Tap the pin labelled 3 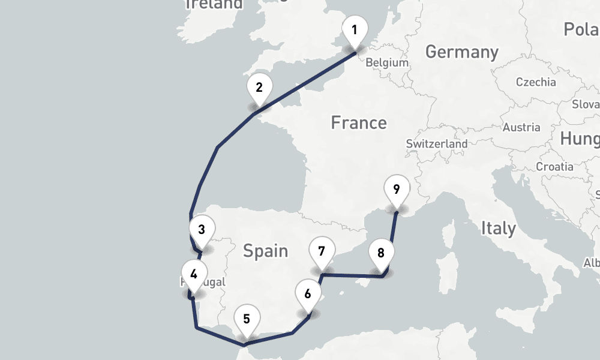(x=202, y=230)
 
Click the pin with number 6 (x=308, y=295)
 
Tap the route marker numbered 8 (x=381, y=253)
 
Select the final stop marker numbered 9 (x=396, y=189)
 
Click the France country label (x=359, y=123)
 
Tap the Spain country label (x=265, y=250)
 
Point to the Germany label (x=461, y=52)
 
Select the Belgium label (x=387, y=62)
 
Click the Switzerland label (x=436, y=144)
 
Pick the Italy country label (x=498, y=228)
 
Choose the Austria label (x=521, y=127)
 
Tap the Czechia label (x=536, y=82)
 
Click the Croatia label (x=554, y=166)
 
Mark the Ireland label (x=214, y=4)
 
